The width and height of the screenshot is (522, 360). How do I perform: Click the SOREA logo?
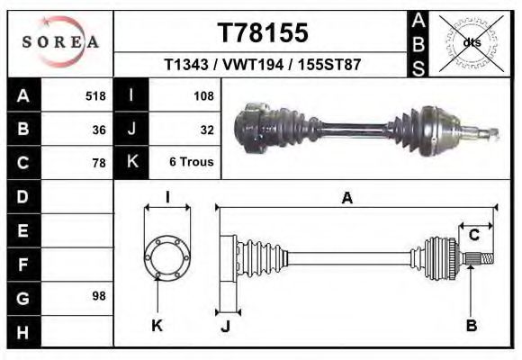pyautogui.click(x=60, y=41)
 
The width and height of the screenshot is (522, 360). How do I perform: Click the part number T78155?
pyautogui.click(x=263, y=33)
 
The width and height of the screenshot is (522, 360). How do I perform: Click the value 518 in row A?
pyautogui.click(x=95, y=95)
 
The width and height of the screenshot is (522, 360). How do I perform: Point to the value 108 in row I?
pyautogui.click(x=203, y=95)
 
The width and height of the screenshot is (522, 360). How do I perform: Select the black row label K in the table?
pyautogui.click(x=131, y=163)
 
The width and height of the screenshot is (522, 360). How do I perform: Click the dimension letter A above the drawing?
pyautogui.click(x=346, y=199)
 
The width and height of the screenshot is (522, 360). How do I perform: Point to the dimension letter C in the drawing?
pyautogui.click(x=473, y=236)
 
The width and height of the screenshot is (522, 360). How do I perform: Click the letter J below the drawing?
pyautogui.click(x=225, y=326)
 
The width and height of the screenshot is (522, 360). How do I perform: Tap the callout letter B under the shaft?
pyautogui.click(x=471, y=326)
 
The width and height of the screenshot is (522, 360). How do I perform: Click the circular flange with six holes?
pyautogui.click(x=167, y=257)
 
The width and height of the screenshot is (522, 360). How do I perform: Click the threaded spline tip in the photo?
pyautogui.click(x=491, y=134)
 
